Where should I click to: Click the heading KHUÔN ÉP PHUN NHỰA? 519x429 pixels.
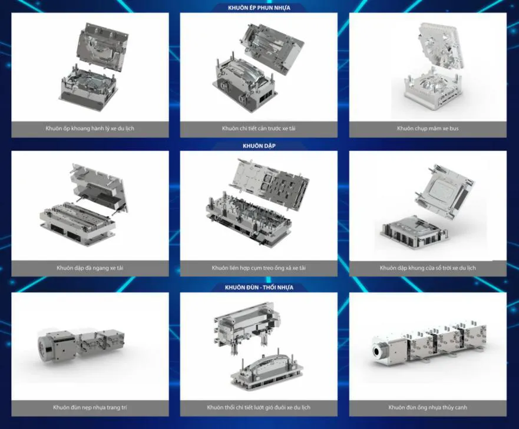pyautogui.click(x=259, y=8)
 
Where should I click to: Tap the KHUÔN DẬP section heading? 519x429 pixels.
pyautogui.click(x=259, y=146)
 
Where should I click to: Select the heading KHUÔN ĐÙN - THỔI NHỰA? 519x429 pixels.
pyautogui.click(x=259, y=287)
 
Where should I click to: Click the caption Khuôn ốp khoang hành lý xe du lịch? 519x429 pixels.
pyautogui.click(x=90, y=128)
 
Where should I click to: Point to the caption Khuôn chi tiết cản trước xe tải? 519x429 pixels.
pyautogui.click(x=259, y=128)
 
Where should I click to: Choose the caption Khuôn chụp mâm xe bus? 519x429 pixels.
pyautogui.click(x=428, y=128)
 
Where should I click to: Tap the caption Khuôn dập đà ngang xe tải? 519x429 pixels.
pyautogui.click(x=90, y=268)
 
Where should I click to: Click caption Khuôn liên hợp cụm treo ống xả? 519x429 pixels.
pyautogui.click(x=259, y=268)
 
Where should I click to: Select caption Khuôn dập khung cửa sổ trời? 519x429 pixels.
pyautogui.click(x=428, y=268)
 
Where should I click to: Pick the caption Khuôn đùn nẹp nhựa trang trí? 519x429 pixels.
pyautogui.click(x=90, y=407)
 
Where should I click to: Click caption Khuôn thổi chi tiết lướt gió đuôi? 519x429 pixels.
pyautogui.click(x=259, y=407)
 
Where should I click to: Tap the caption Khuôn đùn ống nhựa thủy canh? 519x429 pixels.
pyautogui.click(x=428, y=407)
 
